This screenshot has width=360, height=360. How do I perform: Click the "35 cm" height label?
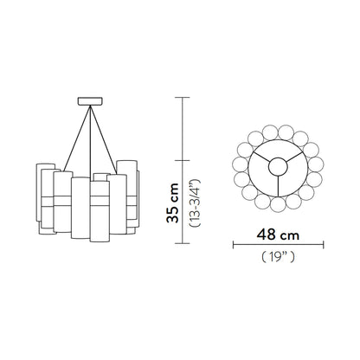pyautogui.click(x=175, y=203)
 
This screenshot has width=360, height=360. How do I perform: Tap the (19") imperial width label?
pyautogui.click(x=277, y=257)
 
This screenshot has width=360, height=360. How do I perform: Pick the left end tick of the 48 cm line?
pyautogui.click(x=232, y=244)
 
